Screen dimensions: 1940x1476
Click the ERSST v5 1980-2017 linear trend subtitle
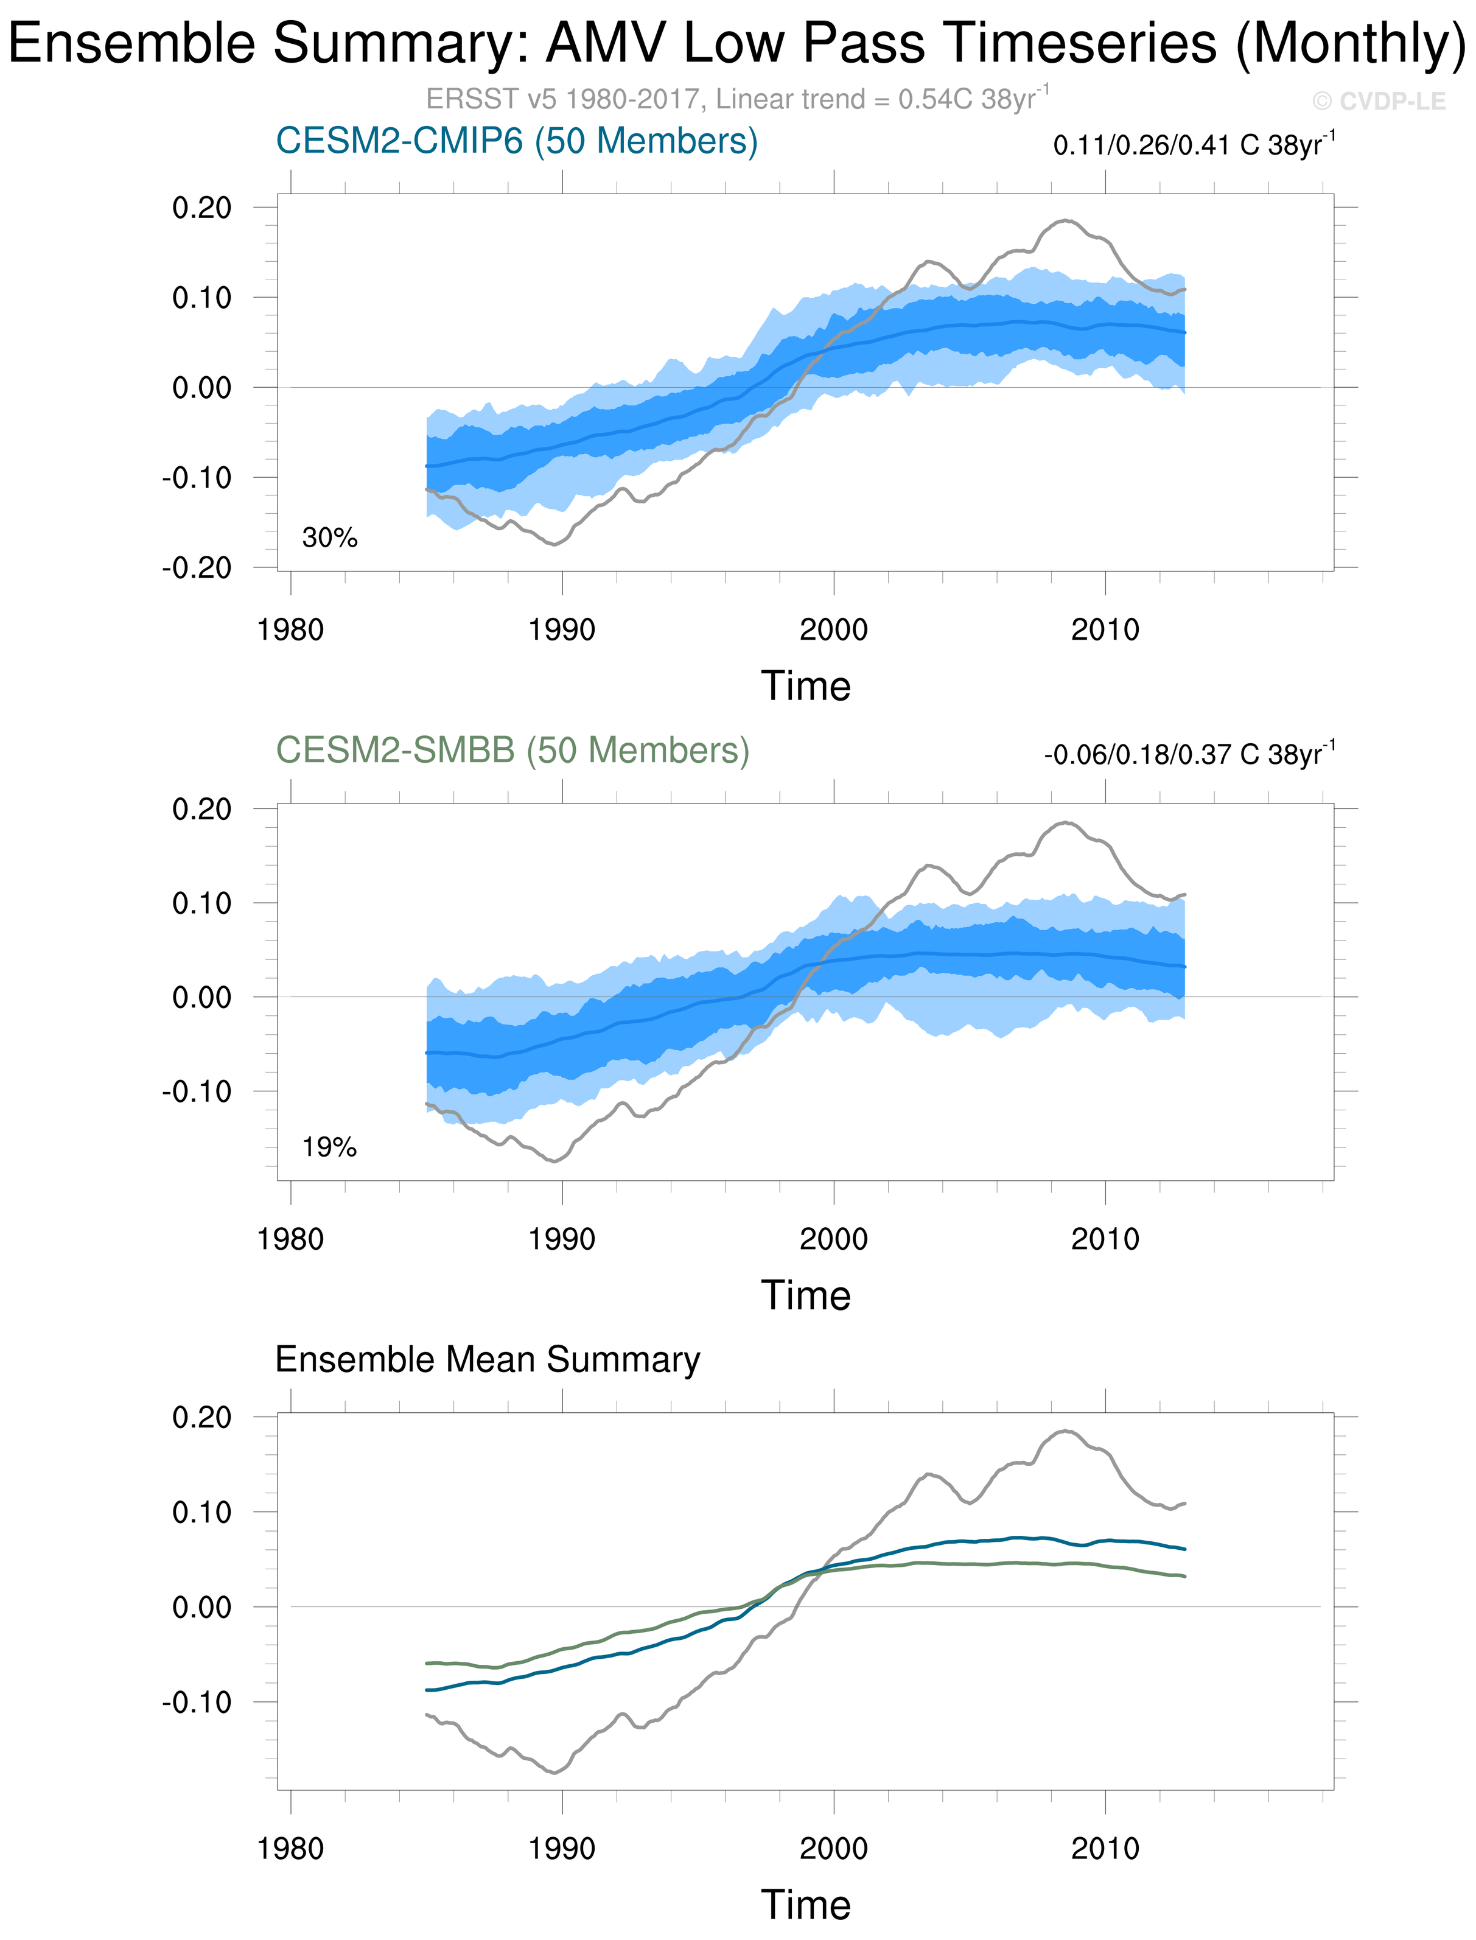pos(736,99)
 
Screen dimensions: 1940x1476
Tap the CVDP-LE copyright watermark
pos(1379,102)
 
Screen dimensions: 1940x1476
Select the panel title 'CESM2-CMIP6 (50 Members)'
pos(517,141)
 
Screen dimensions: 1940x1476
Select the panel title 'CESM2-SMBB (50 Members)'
pos(512,751)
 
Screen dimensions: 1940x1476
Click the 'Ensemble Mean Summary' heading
pos(488,1359)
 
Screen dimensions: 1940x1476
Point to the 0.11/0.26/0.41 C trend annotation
pos(1193,144)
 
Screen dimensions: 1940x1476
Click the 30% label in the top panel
pos(329,538)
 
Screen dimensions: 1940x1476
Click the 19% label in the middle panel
pos(329,1147)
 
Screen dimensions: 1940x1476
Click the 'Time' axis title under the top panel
pos(806,686)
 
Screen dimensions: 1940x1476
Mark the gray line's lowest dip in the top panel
pos(553,545)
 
